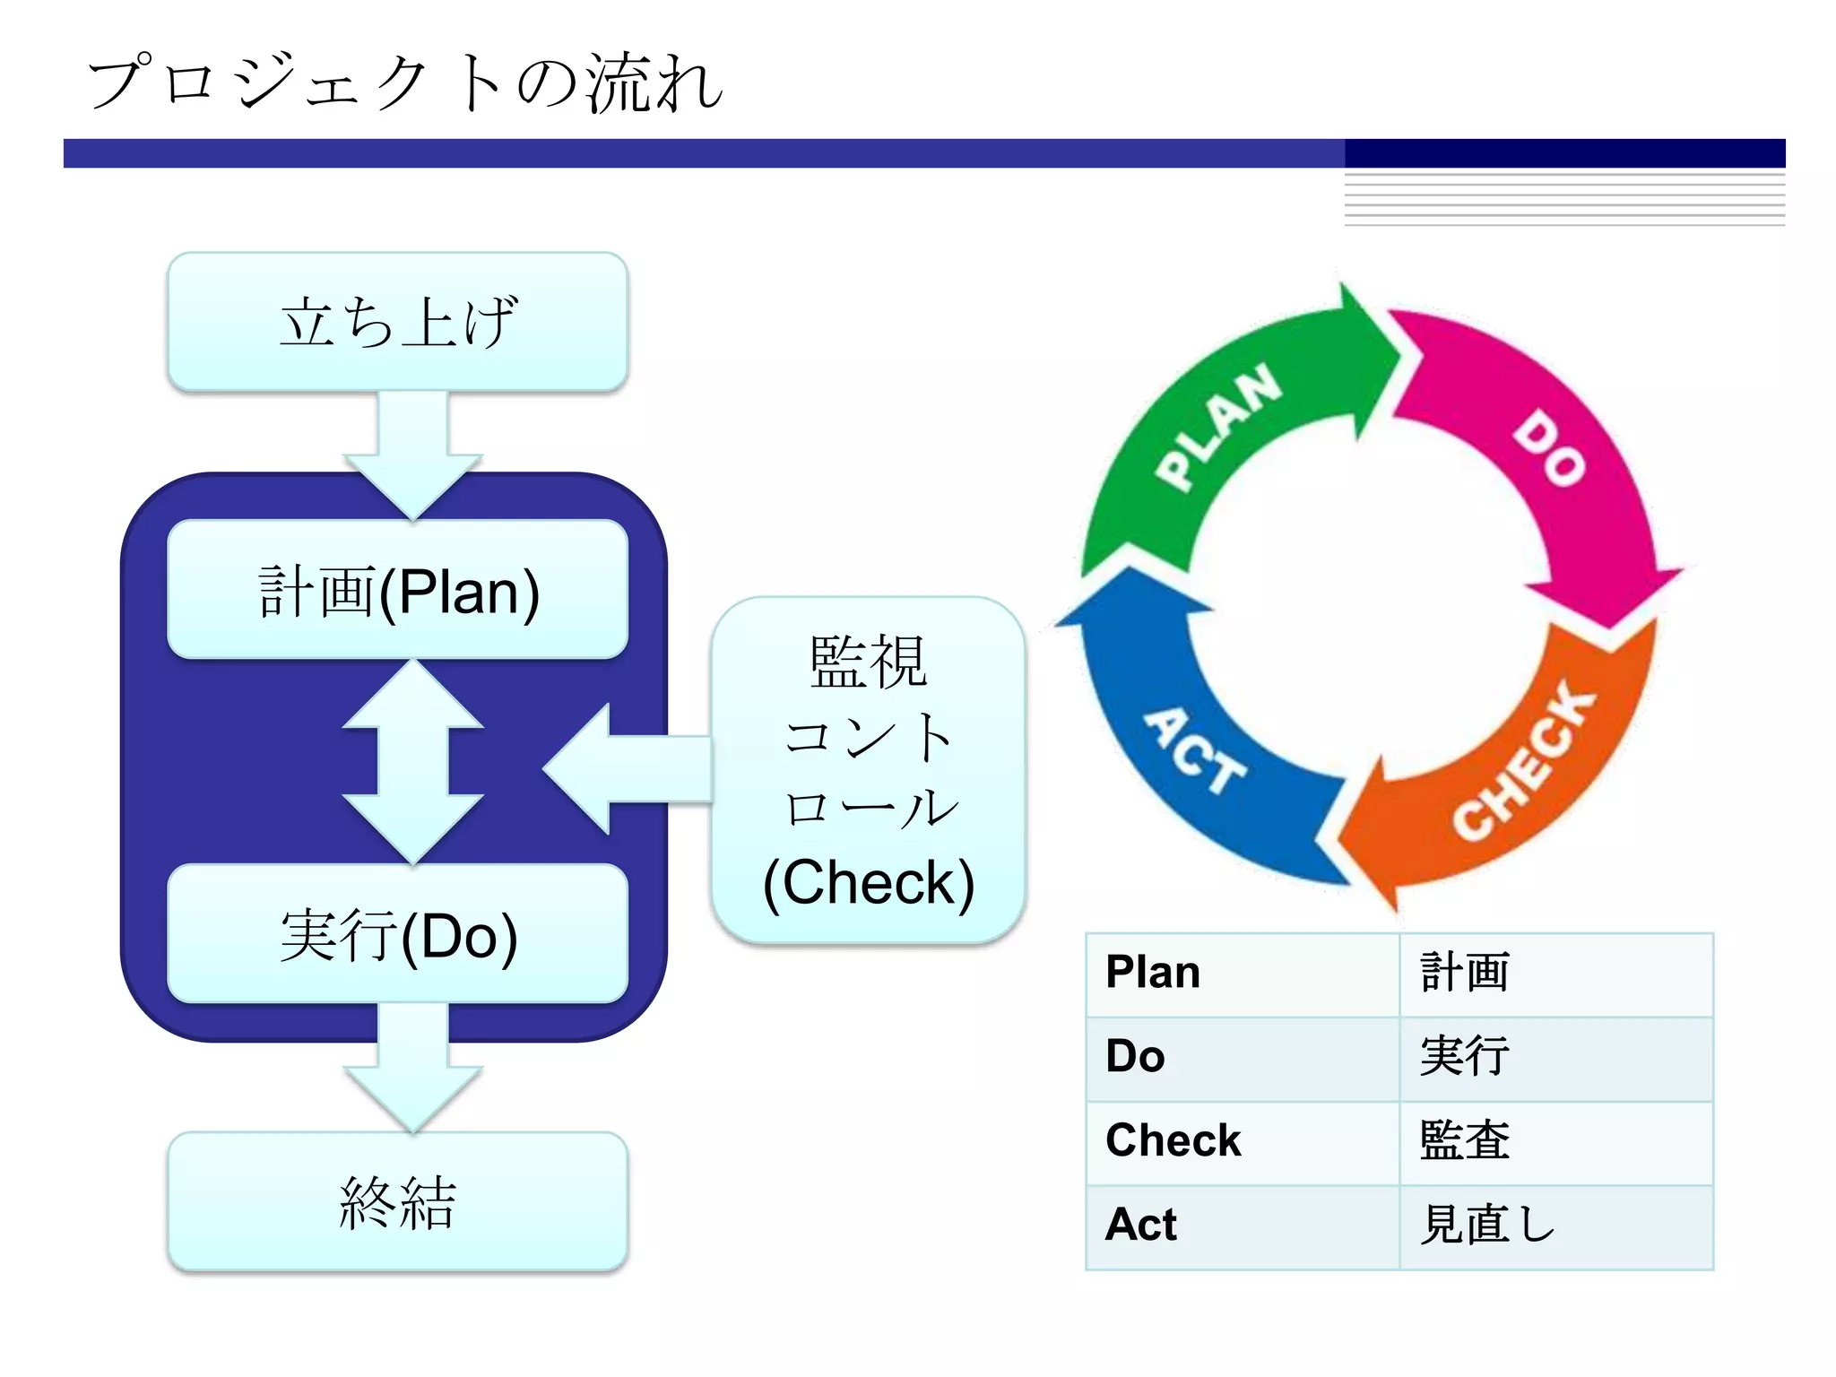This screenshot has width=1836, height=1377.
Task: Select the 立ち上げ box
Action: (x=397, y=322)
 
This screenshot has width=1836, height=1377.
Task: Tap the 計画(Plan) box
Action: (x=397, y=590)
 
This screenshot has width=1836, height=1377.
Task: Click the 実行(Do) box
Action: (x=397, y=934)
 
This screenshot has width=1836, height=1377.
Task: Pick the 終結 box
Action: (x=397, y=1201)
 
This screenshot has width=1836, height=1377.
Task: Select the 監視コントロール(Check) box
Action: (x=868, y=771)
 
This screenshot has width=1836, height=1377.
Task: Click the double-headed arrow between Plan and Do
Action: (x=412, y=762)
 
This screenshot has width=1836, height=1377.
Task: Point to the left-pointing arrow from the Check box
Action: (x=628, y=768)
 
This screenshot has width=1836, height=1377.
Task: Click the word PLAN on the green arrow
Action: (x=1217, y=427)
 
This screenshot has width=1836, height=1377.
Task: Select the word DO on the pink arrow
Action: (x=1549, y=448)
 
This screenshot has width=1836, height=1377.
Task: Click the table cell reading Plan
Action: (x=1242, y=974)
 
